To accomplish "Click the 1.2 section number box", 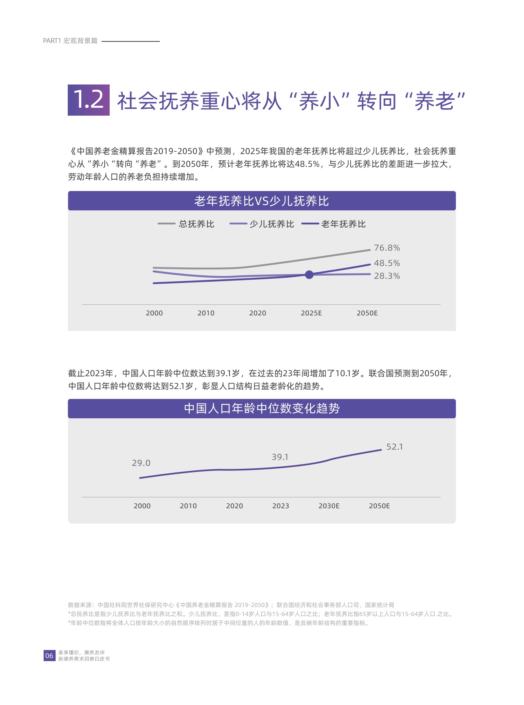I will click(x=89, y=100).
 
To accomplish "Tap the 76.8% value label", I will click(x=386, y=248).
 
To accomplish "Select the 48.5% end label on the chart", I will click(x=386, y=263).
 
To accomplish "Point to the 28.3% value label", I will click(x=386, y=276).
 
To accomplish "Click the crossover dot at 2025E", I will click(x=309, y=275).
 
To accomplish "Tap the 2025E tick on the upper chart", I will click(x=311, y=313).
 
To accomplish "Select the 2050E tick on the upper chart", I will click(x=367, y=313).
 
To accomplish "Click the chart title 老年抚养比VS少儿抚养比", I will click(x=262, y=201).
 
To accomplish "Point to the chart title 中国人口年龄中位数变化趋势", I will click(x=262, y=408).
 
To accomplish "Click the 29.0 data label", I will click(x=141, y=463).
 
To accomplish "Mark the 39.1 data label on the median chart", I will click(x=280, y=457).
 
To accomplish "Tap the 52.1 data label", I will click(x=394, y=447).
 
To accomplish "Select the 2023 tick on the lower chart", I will click(x=280, y=506).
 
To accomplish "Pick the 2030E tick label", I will click(x=329, y=506).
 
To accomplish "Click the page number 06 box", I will click(x=49, y=655).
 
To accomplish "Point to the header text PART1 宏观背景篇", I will click(x=70, y=41).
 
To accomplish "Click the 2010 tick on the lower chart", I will click(x=188, y=506).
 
